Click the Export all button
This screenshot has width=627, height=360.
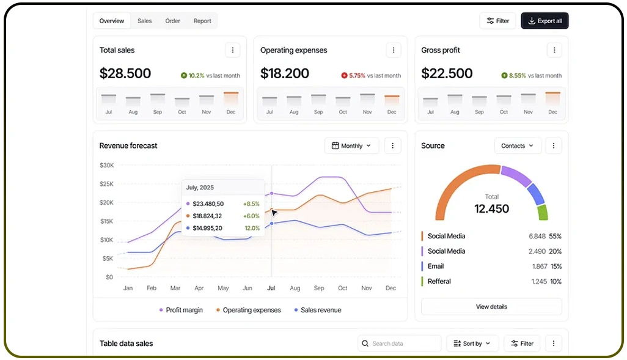tap(544, 21)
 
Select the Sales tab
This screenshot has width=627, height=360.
tap(144, 21)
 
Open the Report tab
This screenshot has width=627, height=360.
tap(202, 21)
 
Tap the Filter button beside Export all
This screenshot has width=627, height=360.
tap(497, 21)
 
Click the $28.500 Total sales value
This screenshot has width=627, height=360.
tap(125, 74)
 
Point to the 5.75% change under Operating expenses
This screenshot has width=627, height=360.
tap(356, 76)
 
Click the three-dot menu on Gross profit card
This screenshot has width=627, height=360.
tap(554, 50)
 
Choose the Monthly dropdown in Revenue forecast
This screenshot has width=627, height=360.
tap(351, 146)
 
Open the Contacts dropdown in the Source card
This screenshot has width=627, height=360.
tap(517, 146)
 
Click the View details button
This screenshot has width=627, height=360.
tap(491, 307)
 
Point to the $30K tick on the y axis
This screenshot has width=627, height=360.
tap(106, 165)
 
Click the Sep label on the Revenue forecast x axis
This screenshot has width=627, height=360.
tap(319, 288)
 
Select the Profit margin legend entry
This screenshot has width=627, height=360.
tap(184, 310)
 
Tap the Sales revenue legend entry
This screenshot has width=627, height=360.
tap(321, 310)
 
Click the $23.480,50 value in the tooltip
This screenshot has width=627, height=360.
tap(208, 204)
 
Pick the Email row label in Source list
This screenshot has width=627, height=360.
tap(436, 266)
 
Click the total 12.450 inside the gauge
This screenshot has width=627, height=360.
tap(491, 209)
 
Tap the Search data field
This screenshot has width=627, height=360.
tap(400, 343)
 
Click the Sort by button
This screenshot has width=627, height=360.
tap(472, 343)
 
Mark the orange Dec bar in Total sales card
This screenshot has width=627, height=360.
tap(231, 98)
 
